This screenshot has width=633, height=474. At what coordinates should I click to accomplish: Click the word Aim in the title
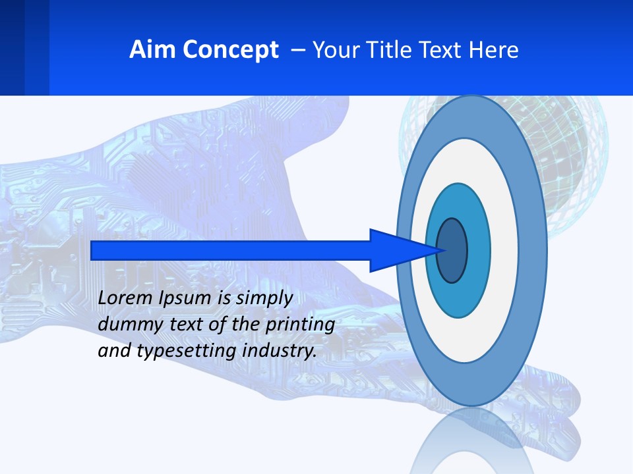point(151,50)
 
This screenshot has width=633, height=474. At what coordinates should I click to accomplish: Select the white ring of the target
point(504,250)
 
